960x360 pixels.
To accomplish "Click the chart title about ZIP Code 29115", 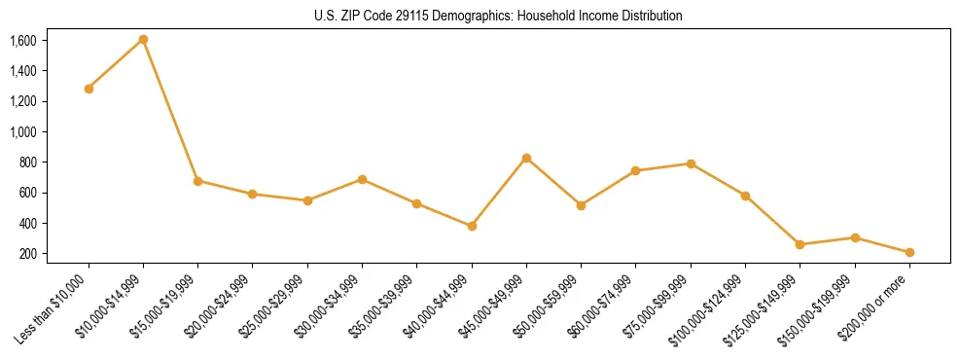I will pyautogui.click(x=498, y=16).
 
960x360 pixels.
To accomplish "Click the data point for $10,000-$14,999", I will pyautogui.click(x=143, y=39).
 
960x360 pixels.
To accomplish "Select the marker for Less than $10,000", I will pyautogui.click(x=89, y=89).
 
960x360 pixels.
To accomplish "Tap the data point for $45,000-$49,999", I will pyautogui.click(x=526, y=158).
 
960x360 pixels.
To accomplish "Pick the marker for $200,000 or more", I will pyautogui.click(x=909, y=252).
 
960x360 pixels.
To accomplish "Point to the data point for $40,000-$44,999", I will pyautogui.click(x=472, y=226).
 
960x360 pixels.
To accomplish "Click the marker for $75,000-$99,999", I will pyautogui.click(x=691, y=163).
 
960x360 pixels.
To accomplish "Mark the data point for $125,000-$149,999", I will pyautogui.click(x=800, y=244).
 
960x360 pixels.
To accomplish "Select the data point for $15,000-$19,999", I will pyautogui.click(x=197, y=181).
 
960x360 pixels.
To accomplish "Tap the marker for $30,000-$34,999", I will pyautogui.click(x=362, y=179).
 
